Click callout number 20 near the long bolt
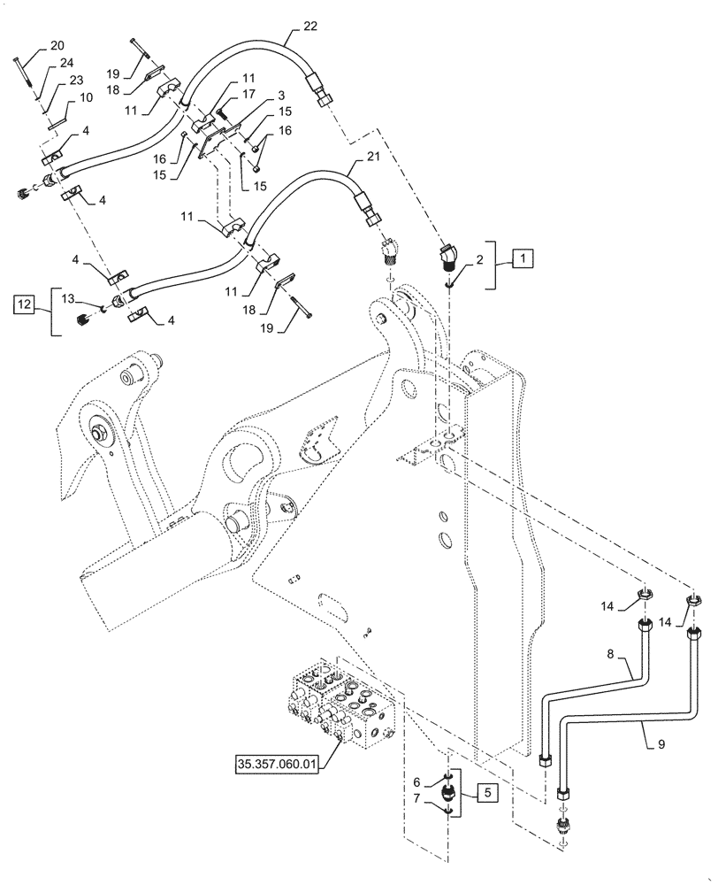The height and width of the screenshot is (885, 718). point(57,45)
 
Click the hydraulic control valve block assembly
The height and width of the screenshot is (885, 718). point(332,704)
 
